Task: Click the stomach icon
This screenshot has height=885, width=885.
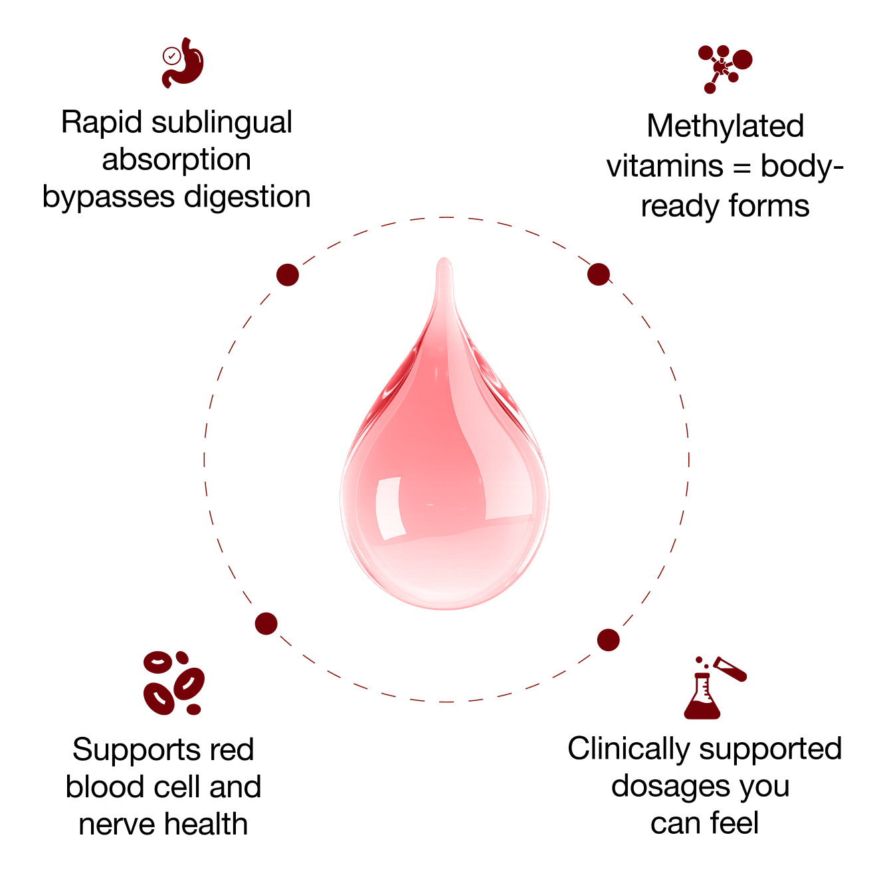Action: [183, 62]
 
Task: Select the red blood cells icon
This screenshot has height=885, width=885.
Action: [173, 683]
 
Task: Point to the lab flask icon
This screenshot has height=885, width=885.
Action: [714, 688]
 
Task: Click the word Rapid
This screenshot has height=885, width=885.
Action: [102, 123]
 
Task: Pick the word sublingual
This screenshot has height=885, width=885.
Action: [222, 123]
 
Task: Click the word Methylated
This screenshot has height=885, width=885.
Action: [725, 126]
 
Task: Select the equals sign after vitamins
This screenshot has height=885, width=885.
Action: [741, 167]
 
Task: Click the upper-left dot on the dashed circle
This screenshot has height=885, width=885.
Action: [288, 274]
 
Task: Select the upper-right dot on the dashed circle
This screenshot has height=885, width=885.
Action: [599, 274]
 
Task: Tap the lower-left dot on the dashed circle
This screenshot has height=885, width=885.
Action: [266, 623]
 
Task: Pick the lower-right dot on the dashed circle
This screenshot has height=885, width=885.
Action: [608, 640]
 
